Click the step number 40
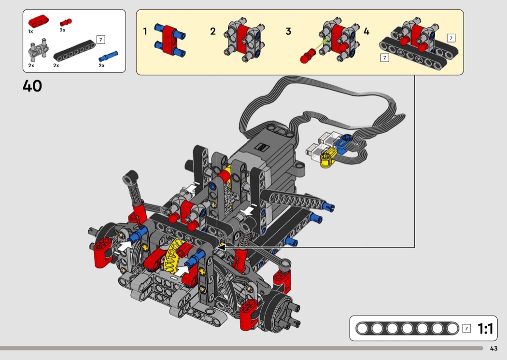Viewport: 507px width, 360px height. click(x=32, y=86)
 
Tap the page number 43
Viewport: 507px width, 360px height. click(x=493, y=348)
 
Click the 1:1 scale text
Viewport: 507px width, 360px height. click(x=485, y=329)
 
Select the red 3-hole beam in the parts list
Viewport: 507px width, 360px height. click(x=39, y=21)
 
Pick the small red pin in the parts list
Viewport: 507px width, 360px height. click(x=66, y=22)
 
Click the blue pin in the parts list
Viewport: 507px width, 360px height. click(x=108, y=56)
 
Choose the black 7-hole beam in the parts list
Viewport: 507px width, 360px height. click(x=75, y=50)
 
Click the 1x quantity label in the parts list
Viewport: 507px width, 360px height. click(x=31, y=31)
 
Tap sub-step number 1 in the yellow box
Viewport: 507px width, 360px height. click(x=145, y=31)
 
